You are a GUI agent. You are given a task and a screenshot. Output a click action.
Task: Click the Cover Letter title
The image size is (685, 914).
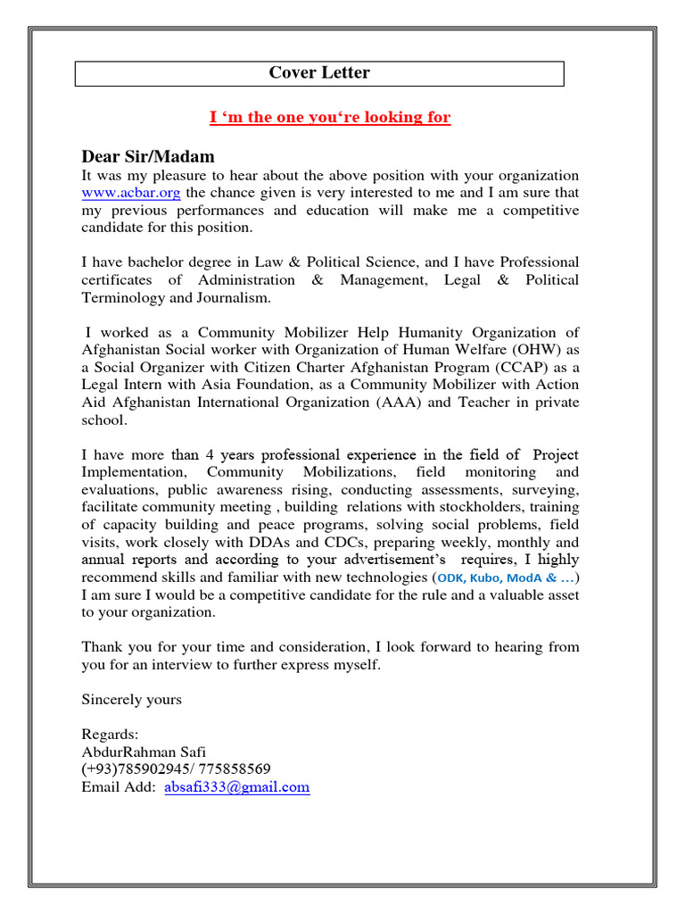click(x=319, y=73)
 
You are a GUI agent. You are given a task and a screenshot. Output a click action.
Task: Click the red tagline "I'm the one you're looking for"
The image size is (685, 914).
click(x=330, y=118)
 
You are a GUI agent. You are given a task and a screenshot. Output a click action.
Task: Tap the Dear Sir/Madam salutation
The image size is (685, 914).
click(x=148, y=156)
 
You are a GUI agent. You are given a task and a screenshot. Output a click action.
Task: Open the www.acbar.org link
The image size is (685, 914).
click(x=120, y=193)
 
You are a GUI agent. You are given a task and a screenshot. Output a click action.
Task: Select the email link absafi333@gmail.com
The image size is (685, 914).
click(x=237, y=787)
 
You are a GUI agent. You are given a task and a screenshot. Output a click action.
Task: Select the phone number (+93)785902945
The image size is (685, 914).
click(x=137, y=769)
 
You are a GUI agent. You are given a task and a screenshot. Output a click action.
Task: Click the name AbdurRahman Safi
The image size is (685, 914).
click(x=144, y=752)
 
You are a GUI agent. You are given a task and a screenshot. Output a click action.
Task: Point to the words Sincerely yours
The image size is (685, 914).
click(x=132, y=700)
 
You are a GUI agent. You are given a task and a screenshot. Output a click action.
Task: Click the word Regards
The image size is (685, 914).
click(x=110, y=735)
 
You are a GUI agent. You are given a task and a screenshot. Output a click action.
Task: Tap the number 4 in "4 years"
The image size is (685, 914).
click(x=234, y=454)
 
